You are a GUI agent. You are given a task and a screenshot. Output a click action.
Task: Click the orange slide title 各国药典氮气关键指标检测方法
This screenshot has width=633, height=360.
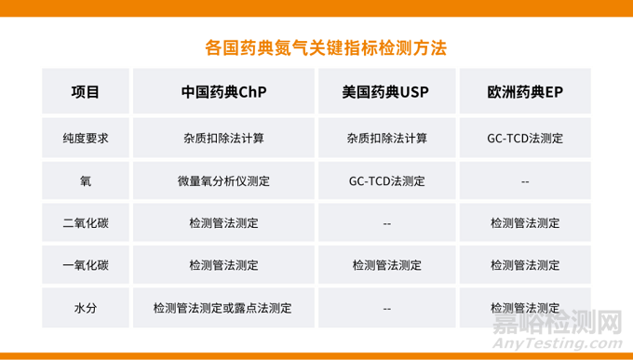click(326, 48)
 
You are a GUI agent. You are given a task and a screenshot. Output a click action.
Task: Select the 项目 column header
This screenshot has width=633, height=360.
click(86, 92)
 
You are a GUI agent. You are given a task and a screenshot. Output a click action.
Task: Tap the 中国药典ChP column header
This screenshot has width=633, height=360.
click(223, 92)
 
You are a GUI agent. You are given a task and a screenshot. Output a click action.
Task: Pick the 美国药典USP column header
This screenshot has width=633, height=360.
click(386, 92)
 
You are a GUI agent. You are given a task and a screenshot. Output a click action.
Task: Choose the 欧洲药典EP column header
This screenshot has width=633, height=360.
click(525, 92)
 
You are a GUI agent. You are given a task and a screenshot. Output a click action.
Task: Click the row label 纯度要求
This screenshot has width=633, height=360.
click(86, 139)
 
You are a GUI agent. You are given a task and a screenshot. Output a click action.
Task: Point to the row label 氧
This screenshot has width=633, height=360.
click(86, 181)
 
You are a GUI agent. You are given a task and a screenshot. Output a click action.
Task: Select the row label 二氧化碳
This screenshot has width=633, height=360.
click(86, 223)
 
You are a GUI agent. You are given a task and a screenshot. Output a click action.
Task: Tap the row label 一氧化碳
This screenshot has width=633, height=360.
click(86, 265)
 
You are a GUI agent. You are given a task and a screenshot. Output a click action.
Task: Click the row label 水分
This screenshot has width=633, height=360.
click(86, 308)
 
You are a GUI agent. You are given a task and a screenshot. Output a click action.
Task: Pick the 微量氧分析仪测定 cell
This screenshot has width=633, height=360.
click(223, 181)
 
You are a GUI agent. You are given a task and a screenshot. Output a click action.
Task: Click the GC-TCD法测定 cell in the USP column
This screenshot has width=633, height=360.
click(386, 181)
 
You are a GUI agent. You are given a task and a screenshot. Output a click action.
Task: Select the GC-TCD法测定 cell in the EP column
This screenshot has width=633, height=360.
click(525, 139)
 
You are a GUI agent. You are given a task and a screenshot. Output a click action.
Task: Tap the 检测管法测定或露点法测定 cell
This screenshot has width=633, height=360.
click(222, 308)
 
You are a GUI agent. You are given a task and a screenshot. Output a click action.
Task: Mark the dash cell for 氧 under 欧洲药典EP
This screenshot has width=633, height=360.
click(525, 182)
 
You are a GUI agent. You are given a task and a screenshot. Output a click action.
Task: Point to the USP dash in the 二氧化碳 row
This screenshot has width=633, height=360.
click(386, 224)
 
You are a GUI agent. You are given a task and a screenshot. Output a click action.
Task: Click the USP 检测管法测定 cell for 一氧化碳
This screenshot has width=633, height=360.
click(386, 265)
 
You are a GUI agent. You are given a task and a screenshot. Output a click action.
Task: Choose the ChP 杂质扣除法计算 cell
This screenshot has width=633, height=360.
click(223, 139)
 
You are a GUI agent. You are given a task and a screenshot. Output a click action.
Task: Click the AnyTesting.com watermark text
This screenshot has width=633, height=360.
click(558, 344)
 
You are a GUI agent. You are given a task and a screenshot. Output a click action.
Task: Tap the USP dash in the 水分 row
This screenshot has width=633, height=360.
click(386, 309)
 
